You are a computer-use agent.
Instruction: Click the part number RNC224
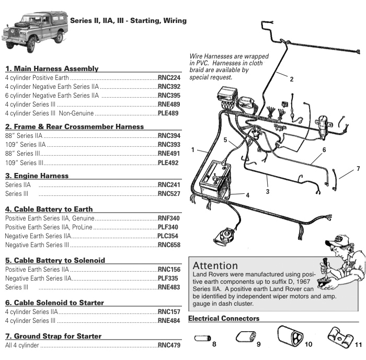pyautogui.click(x=168, y=78)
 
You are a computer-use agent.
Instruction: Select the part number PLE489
pyautogui.click(x=168, y=113)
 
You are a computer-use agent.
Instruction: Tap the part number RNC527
pyautogui.click(x=168, y=194)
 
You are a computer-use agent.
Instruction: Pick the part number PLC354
pyautogui.click(x=168, y=236)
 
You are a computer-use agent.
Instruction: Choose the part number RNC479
pyautogui.click(x=168, y=346)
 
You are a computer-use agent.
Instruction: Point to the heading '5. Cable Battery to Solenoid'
pyautogui.click(x=55, y=260)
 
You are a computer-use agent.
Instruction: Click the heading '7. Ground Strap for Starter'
pyautogui.click(x=53, y=336)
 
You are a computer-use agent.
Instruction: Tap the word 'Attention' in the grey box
pyautogui.click(x=215, y=266)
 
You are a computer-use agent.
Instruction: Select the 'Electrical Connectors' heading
pyautogui.click(x=223, y=318)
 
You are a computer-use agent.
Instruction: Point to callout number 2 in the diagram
pyautogui.click(x=291, y=79)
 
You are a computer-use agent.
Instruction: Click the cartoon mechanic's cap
pyautogui.click(x=335, y=240)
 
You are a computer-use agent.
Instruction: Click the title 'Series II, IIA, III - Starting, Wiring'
pyautogui.click(x=128, y=21)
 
